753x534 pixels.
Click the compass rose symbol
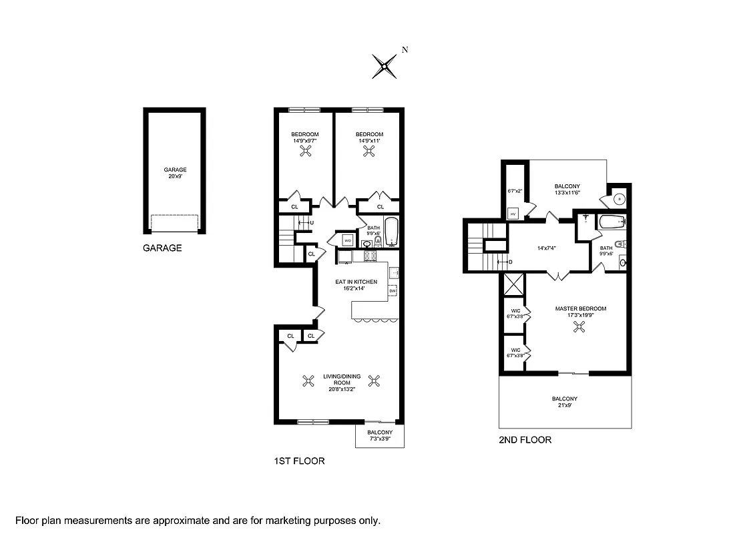(x=385, y=65)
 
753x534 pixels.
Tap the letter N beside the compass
(x=405, y=49)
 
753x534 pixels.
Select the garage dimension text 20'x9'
(x=175, y=177)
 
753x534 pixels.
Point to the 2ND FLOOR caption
(x=525, y=440)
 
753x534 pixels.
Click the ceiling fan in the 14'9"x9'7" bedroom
(x=305, y=152)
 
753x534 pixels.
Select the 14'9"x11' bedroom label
(x=369, y=138)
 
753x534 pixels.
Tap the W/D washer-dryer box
(x=348, y=240)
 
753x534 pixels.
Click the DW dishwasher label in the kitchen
(x=392, y=291)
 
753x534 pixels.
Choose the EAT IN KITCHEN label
(x=356, y=282)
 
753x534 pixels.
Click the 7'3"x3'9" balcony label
(x=380, y=436)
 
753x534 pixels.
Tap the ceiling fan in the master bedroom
(x=581, y=326)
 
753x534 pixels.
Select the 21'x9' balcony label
(x=565, y=402)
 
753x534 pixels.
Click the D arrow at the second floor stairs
(x=505, y=261)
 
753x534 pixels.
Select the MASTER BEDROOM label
(x=581, y=308)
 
